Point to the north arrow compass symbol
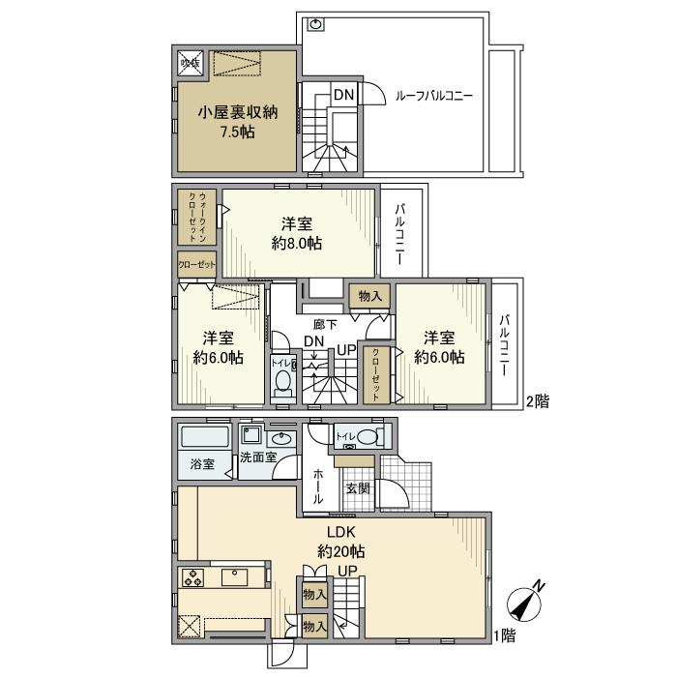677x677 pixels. click(x=526, y=601)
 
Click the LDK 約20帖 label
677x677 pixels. click(x=341, y=542)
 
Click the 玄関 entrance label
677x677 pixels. click(x=358, y=488)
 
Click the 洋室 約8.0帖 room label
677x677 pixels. click(x=296, y=233)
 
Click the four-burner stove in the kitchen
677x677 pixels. click(x=193, y=578)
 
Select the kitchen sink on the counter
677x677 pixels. click(x=236, y=578)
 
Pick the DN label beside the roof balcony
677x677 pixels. click(x=343, y=94)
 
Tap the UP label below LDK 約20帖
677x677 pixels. click(x=346, y=571)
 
